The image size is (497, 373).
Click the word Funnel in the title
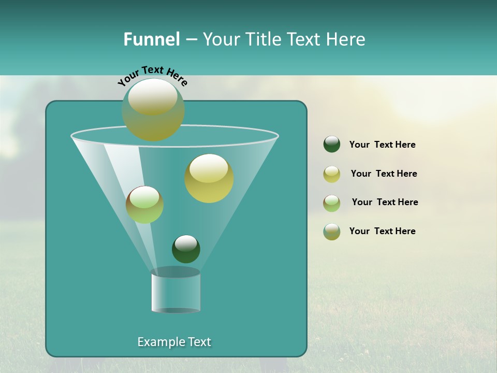[151, 39]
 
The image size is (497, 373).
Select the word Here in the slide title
[346, 39]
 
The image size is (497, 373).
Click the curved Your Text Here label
[153, 75]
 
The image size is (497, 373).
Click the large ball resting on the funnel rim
[153, 109]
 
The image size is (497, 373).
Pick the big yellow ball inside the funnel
[209, 178]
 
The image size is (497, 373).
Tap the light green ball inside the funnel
[144, 205]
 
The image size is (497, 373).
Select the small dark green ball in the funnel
[186, 249]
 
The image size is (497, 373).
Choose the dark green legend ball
[332, 145]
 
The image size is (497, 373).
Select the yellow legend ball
[332, 174]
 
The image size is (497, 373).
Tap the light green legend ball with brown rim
[332, 203]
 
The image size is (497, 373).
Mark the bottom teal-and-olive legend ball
[332, 232]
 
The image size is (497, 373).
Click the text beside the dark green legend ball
[382, 145]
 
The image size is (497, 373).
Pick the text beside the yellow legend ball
[384, 174]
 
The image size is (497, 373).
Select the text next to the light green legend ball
[385, 202]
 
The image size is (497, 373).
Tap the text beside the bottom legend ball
[382, 231]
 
